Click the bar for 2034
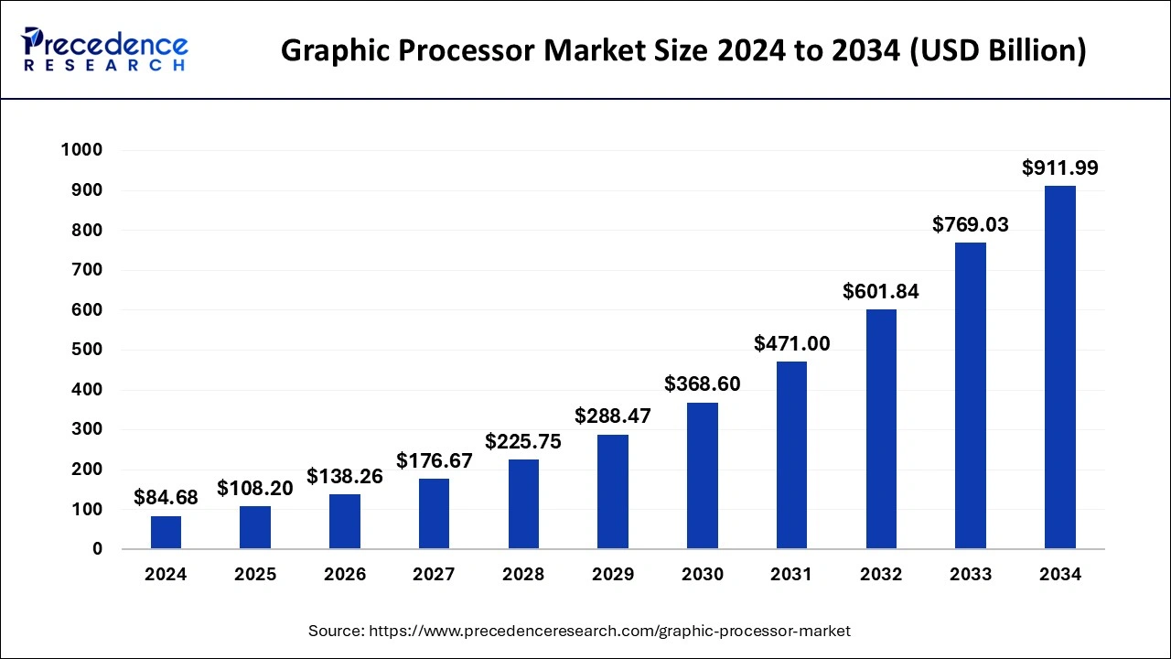[1060, 367]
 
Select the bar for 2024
[166, 533]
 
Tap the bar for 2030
[703, 476]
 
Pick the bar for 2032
[881, 429]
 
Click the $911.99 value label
[1060, 167]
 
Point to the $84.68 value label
[166, 497]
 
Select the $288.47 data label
[613, 416]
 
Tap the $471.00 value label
[792, 343]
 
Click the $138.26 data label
[345, 476]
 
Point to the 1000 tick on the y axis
[81, 150]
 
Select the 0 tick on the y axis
[97, 549]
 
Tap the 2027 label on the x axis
[435, 575]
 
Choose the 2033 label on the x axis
[971, 575]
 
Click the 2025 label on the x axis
[255, 575]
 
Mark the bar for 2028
[523, 504]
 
